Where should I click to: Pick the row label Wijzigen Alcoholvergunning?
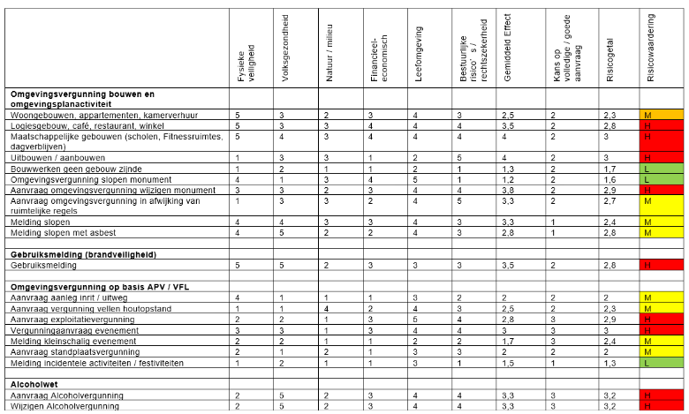pos(66,406)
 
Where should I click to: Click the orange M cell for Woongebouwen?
pos(661,116)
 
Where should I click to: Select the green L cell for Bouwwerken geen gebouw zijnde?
pos(661,168)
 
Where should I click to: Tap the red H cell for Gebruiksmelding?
pos(661,265)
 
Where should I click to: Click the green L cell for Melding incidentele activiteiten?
pos(661,363)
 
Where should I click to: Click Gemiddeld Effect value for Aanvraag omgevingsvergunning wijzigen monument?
pos(509,190)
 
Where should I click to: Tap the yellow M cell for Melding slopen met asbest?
pos(661,232)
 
